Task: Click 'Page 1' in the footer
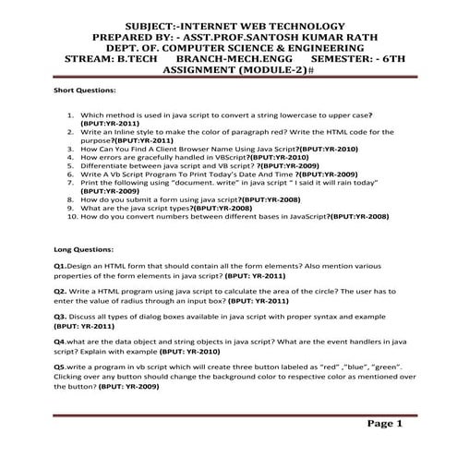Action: click(386, 424)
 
